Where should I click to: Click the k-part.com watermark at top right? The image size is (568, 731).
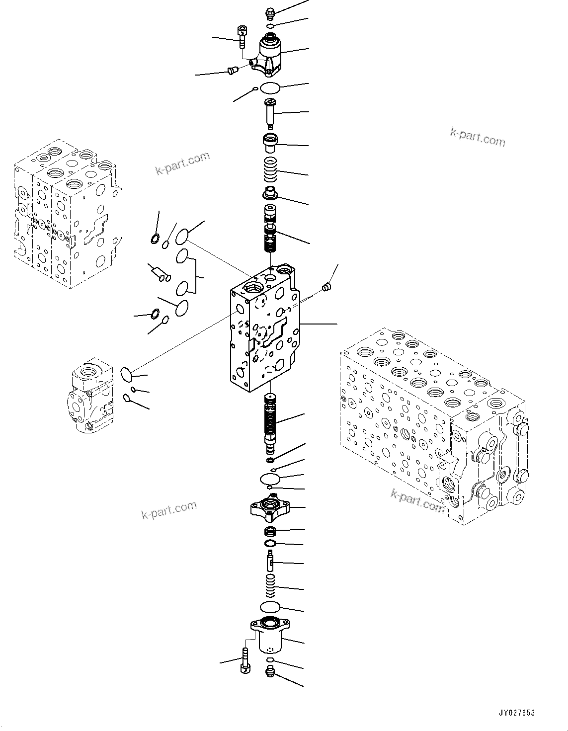[477, 137]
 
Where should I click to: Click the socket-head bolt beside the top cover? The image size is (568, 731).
[242, 36]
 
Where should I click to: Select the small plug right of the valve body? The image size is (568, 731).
[326, 287]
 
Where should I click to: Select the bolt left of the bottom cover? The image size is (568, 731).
[245, 661]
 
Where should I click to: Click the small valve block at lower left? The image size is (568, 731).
[92, 395]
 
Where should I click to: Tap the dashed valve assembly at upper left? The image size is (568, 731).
[65, 216]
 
